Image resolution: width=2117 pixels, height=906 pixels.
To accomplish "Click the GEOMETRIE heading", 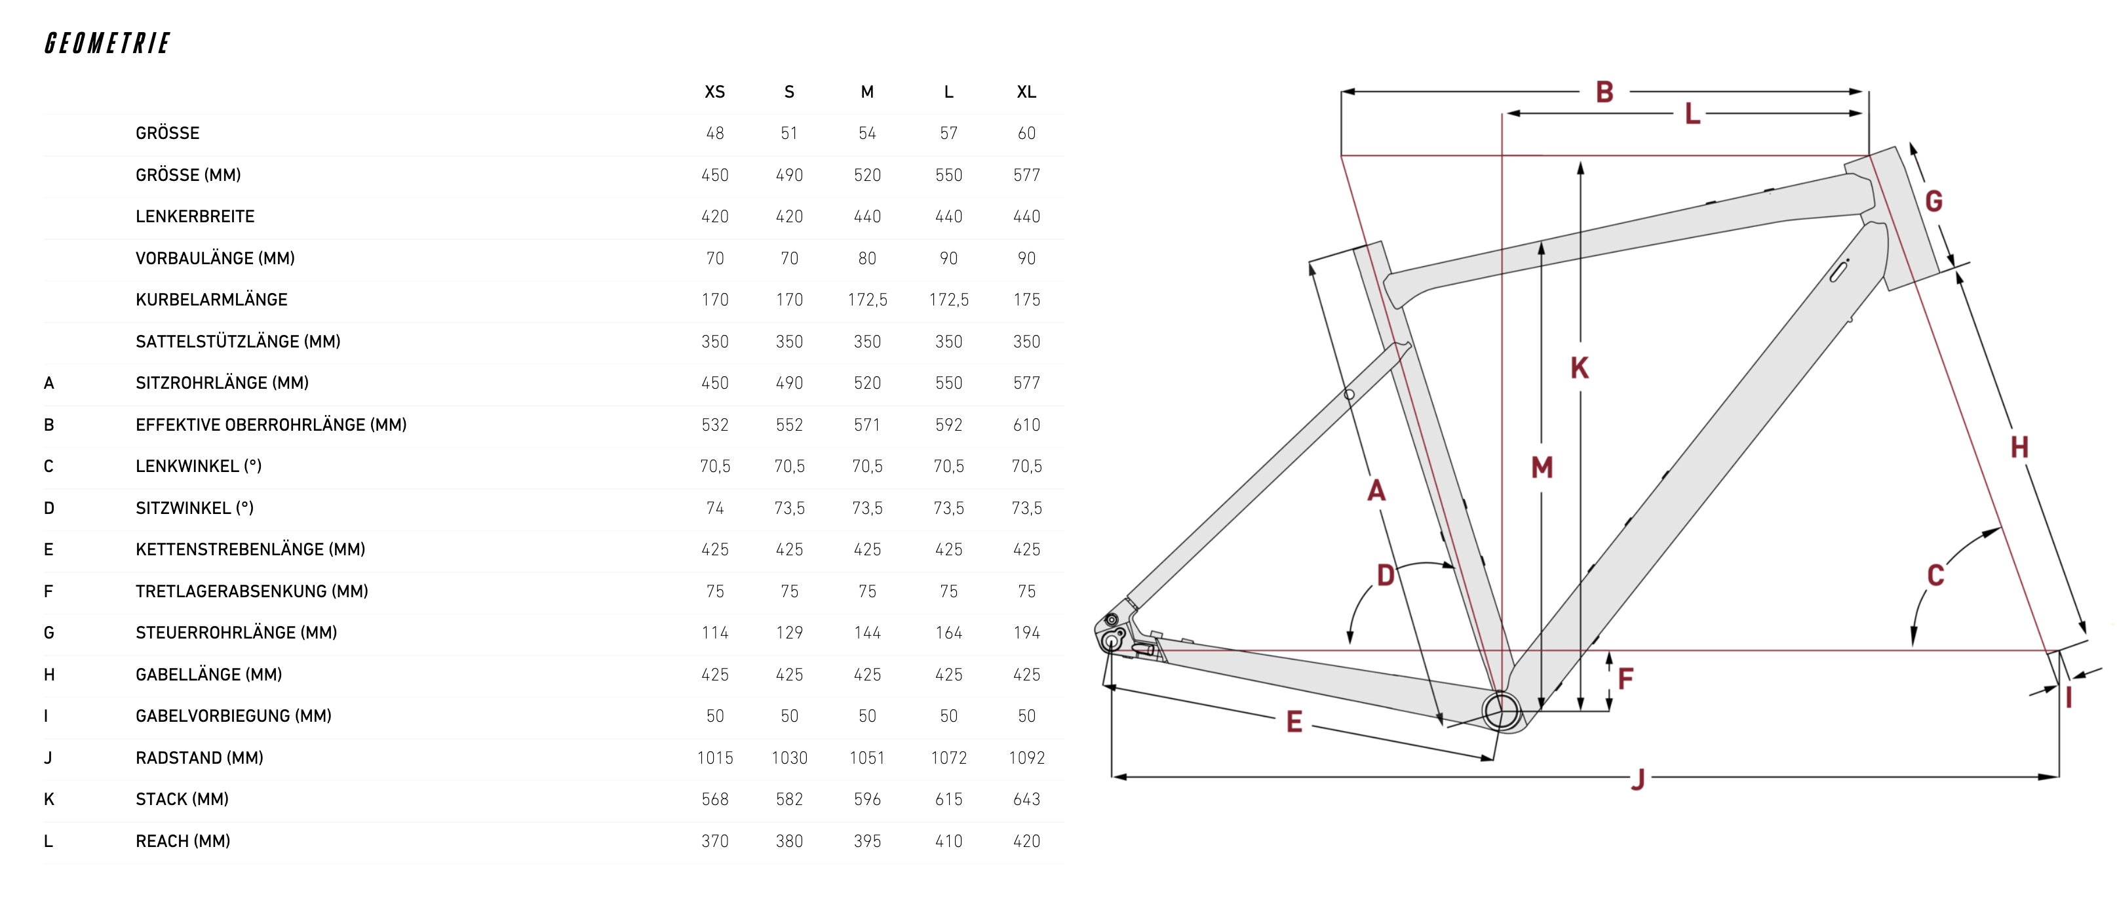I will tap(107, 43).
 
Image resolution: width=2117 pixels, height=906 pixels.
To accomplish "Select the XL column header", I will tap(1026, 92).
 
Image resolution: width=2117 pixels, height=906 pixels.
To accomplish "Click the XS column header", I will tap(714, 92).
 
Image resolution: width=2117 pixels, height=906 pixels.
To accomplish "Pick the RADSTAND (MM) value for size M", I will tap(866, 757).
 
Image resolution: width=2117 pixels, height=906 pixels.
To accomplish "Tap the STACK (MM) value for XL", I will tap(1026, 799).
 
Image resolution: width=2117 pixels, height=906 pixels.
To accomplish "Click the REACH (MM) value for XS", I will tap(714, 841).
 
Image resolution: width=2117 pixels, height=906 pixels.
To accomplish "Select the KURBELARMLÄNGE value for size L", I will tap(948, 299).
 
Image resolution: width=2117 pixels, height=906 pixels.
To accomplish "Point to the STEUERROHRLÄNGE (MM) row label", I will tap(236, 632).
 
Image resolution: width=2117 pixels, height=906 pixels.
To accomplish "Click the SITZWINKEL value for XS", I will tap(714, 508).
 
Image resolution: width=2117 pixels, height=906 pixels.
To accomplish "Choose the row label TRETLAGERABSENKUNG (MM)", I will tap(252, 591).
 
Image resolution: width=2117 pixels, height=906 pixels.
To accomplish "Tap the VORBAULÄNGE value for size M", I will tap(866, 258).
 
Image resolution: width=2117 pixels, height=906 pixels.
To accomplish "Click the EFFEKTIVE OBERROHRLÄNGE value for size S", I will tap(789, 424).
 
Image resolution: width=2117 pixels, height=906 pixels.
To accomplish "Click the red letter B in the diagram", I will tap(1604, 91).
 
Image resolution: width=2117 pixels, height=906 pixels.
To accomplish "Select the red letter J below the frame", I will tap(1638, 778).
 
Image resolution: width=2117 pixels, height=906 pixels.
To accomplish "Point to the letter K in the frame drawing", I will tap(1579, 368).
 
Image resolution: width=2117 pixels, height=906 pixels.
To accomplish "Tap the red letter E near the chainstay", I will tap(1294, 722).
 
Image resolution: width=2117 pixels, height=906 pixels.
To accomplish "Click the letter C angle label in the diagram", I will tap(1935, 575).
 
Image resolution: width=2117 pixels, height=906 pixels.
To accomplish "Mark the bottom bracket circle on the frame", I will tap(1502, 711).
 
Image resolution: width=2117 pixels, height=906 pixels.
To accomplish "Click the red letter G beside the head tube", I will tap(1933, 201).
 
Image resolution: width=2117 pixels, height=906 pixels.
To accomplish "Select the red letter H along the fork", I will tap(2019, 447).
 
